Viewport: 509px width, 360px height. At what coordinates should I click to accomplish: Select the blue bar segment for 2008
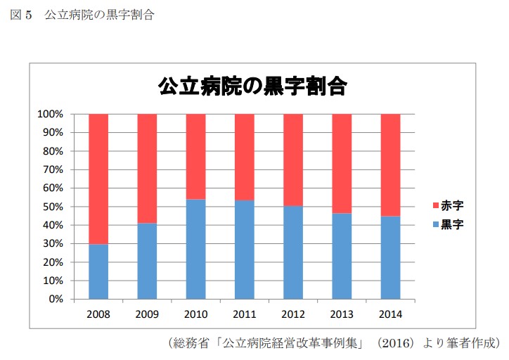[98, 271]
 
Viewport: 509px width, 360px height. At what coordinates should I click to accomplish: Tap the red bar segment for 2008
[98, 179]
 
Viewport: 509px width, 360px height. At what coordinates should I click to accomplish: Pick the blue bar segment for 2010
[196, 249]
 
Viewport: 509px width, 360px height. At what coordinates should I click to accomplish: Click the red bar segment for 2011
[245, 157]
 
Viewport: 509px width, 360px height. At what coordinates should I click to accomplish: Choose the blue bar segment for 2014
[390, 257]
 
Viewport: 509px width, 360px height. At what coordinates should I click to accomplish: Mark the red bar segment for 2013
[342, 163]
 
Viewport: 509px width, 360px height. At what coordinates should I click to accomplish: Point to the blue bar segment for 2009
[147, 261]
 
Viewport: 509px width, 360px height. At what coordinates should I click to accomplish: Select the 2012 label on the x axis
[293, 313]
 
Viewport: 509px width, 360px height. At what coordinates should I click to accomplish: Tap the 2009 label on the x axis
[147, 313]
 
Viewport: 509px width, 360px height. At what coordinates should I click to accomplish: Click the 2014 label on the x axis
[390, 313]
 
